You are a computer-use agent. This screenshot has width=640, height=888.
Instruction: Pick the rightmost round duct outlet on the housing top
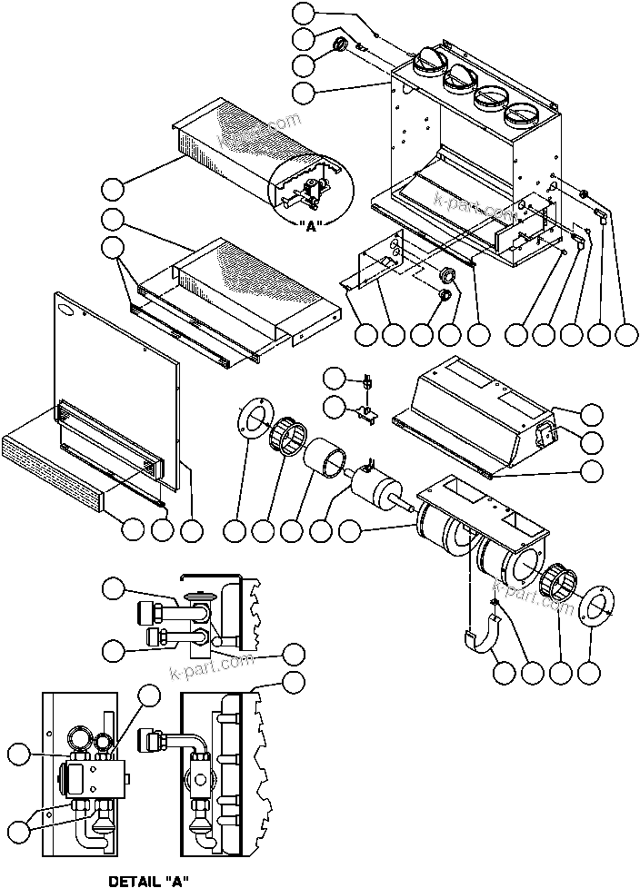click(x=523, y=113)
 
